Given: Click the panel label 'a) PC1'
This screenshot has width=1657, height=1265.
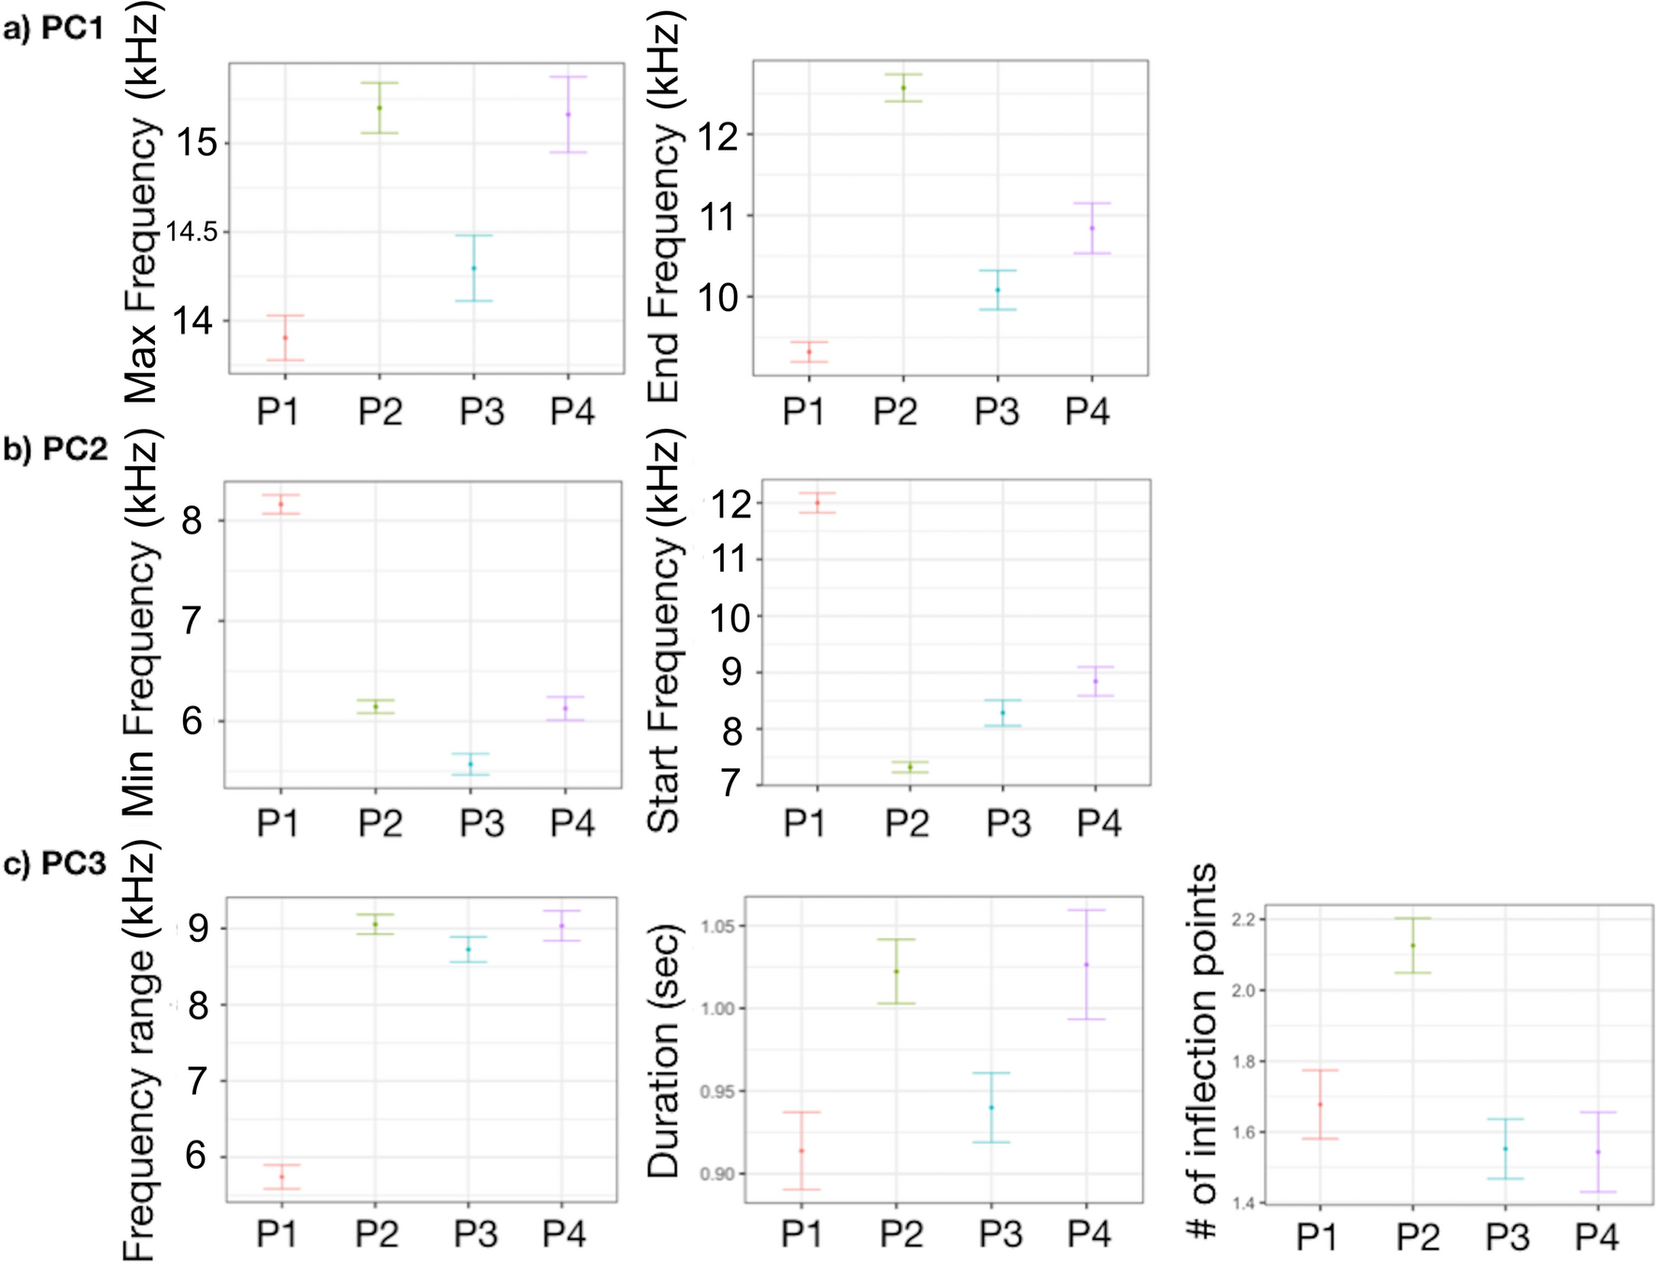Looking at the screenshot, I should tap(53, 29).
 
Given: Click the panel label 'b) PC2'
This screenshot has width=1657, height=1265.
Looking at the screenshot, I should tap(55, 449).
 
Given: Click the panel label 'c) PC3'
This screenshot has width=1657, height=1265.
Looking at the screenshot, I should tap(55, 864).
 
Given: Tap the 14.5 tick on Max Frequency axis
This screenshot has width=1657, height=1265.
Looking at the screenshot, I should tap(191, 232).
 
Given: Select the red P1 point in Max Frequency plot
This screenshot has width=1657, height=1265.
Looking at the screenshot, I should tap(285, 337).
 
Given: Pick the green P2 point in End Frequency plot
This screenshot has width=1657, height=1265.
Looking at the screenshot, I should tap(903, 88).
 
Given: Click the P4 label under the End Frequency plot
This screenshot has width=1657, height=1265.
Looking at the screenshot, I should tap(1087, 411).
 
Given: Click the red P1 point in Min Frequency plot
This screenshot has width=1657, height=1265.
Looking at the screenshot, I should tap(280, 505).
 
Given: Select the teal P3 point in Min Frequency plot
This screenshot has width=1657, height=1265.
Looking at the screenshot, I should tap(471, 764).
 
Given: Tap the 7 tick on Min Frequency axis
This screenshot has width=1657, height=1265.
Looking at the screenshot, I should tap(192, 620).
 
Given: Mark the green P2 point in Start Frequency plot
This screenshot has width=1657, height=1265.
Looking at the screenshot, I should tap(910, 767).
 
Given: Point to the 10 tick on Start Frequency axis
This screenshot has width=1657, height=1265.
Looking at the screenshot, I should tap(731, 618).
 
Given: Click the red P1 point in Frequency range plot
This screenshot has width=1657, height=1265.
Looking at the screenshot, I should tap(281, 1176).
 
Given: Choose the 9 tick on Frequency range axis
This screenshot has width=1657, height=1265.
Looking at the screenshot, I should tap(198, 929).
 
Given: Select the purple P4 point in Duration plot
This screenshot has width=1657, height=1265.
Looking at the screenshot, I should tap(1086, 964).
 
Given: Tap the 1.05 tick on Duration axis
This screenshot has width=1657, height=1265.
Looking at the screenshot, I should tap(718, 926).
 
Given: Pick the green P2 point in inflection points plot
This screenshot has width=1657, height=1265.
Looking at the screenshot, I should tap(1412, 945).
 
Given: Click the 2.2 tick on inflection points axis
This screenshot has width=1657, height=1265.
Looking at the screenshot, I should tap(1242, 920).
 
